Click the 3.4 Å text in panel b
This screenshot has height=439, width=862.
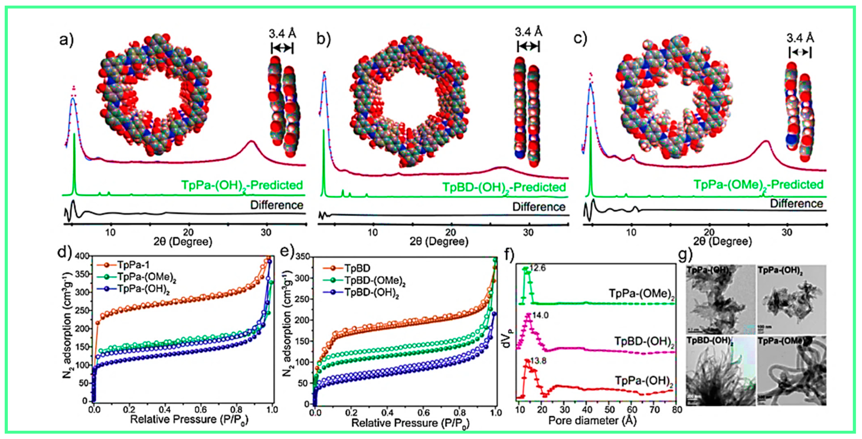pyautogui.click(x=528, y=32)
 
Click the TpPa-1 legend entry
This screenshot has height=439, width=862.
pyautogui.click(x=133, y=265)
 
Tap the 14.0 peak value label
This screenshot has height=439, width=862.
pyautogui.click(x=540, y=315)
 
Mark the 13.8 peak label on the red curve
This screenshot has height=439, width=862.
pyautogui.click(x=538, y=361)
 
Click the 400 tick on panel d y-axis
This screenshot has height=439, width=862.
pyautogui.click(x=82, y=257)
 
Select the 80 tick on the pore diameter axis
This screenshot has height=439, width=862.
pyautogui.click(x=677, y=410)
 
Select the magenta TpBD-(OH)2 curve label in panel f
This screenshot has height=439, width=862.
pyautogui.click(x=644, y=342)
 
